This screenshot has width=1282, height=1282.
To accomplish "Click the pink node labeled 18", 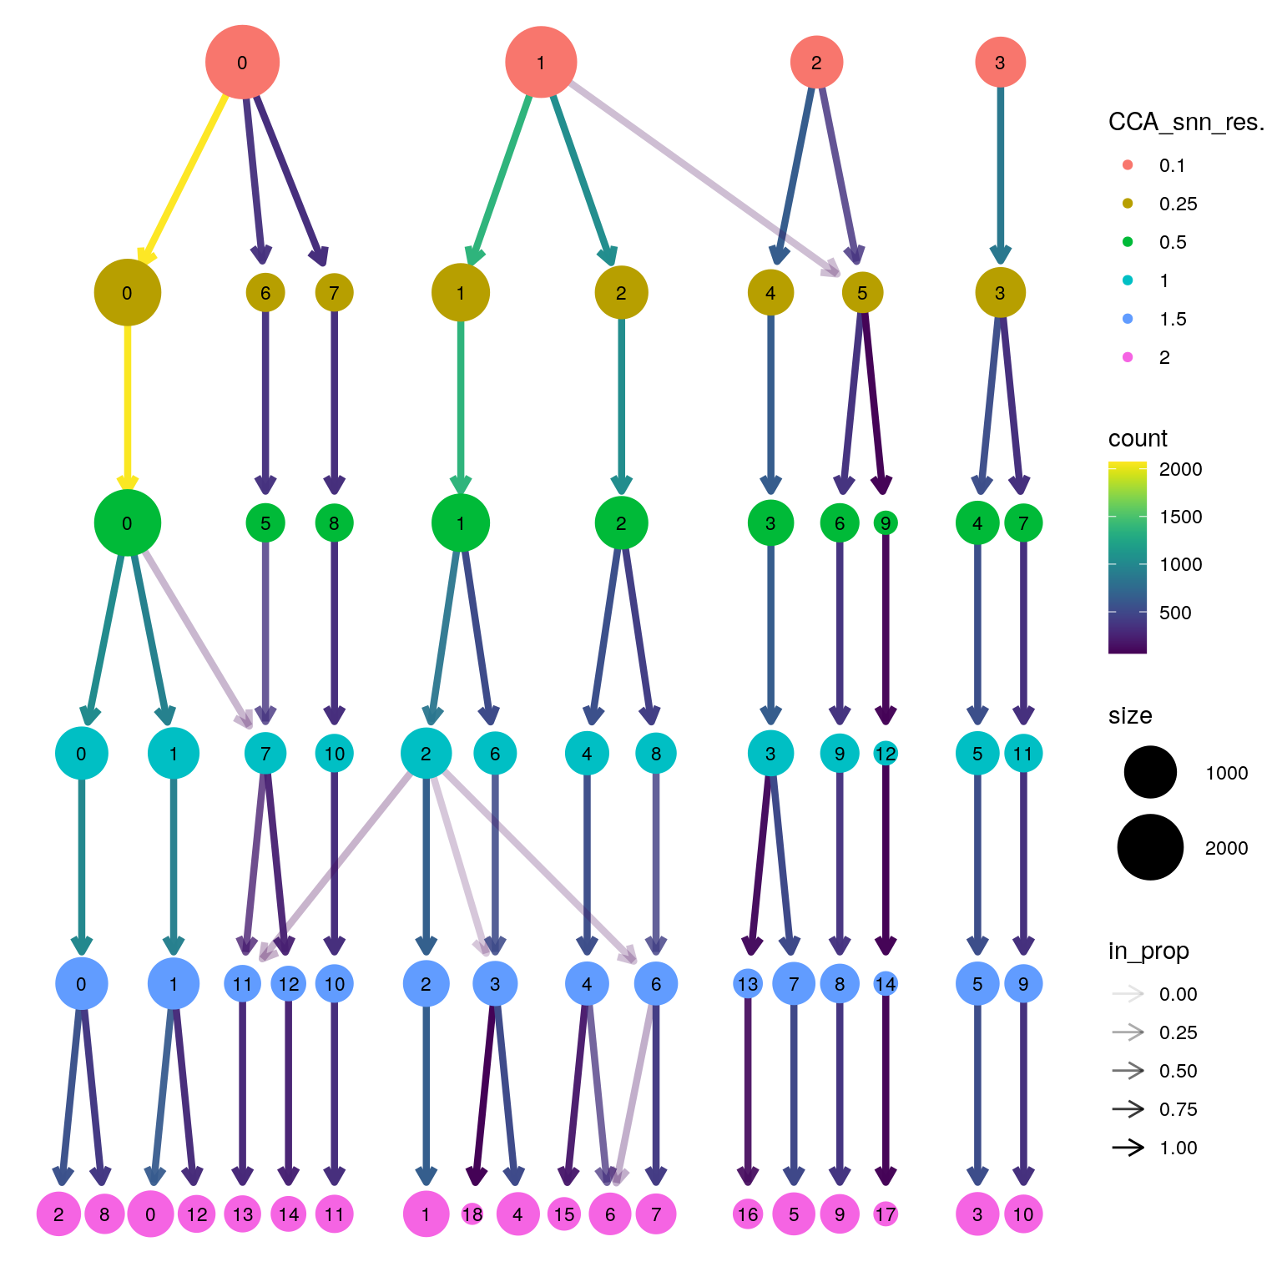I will pyautogui.click(x=472, y=1214).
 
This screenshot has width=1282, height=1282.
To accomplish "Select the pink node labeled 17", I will pyautogui.click(x=886, y=1214).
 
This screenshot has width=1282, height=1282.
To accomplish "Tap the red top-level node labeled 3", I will pyautogui.click(x=1000, y=63).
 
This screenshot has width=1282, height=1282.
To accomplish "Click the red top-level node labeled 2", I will pyautogui.click(x=816, y=63).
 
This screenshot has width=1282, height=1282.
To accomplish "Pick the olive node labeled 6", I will pyautogui.click(x=265, y=293).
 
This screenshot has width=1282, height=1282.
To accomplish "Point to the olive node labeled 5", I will pyautogui.click(x=862, y=293).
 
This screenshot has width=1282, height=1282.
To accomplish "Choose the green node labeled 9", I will pyautogui.click(x=886, y=523).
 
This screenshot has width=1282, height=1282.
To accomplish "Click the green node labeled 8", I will pyautogui.click(x=334, y=523).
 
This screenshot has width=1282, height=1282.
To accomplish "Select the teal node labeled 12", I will pyautogui.click(x=886, y=754).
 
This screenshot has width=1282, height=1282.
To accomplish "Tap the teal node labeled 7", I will pyautogui.click(x=265, y=754).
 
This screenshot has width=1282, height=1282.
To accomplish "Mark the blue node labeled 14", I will pyautogui.click(x=886, y=984).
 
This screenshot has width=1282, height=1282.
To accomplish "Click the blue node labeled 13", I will pyautogui.click(x=748, y=984).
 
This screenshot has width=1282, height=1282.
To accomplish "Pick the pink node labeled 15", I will pyautogui.click(x=564, y=1214).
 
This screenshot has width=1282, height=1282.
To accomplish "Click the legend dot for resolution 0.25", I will pyautogui.click(x=1128, y=204).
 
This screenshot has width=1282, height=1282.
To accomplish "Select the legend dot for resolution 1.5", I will pyautogui.click(x=1128, y=319).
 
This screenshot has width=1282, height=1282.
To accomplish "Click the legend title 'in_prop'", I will pyautogui.click(x=1148, y=951).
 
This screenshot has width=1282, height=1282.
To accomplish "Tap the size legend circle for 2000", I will pyautogui.click(x=1150, y=848).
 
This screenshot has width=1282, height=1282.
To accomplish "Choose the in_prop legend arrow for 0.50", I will pyautogui.click(x=1128, y=1071).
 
